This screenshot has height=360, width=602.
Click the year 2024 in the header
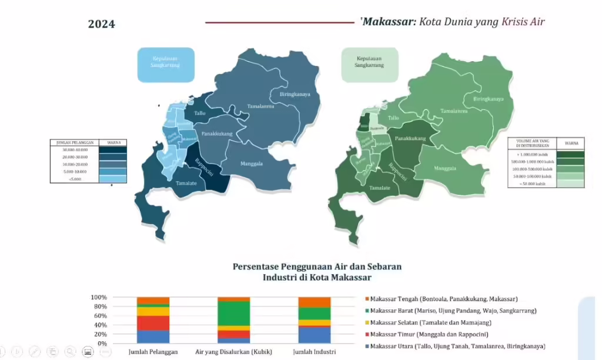click(x=101, y=24)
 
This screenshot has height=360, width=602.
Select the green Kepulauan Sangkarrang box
click(x=369, y=62)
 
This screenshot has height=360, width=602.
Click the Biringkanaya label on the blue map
click(x=295, y=94)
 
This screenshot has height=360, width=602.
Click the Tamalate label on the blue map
click(x=186, y=184)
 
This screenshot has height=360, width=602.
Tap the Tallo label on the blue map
click(x=199, y=114)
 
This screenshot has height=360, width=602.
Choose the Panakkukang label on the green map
click(x=410, y=138)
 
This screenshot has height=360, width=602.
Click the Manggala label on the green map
click(x=446, y=168)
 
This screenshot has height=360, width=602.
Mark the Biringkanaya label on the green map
click(x=489, y=99)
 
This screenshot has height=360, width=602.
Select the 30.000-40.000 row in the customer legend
click(x=75, y=150)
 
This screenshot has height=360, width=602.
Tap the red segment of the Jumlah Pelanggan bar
click(x=153, y=323)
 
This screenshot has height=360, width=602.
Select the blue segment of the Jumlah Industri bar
click(x=315, y=334)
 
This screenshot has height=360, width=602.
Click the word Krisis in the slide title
click(x=517, y=22)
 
